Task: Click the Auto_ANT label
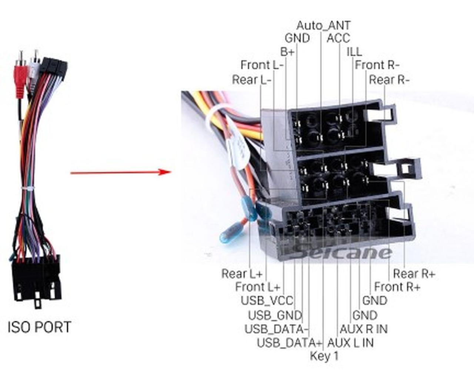(x=323, y=25)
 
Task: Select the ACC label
(x=338, y=38)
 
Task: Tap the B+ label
(x=287, y=52)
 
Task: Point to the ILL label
(x=354, y=52)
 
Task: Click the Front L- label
(x=262, y=65)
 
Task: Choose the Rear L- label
(x=251, y=80)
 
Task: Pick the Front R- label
(x=377, y=65)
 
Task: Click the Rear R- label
(x=389, y=80)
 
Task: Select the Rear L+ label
(x=242, y=274)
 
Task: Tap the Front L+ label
(x=258, y=287)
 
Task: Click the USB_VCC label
(x=267, y=301)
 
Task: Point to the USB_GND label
(x=275, y=315)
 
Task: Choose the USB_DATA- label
(x=276, y=329)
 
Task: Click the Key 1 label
(x=324, y=356)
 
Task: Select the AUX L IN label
(x=350, y=343)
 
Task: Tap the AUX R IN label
(x=363, y=329)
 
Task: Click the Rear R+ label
(x=414, y=274)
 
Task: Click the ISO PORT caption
(x=39, y=327)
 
